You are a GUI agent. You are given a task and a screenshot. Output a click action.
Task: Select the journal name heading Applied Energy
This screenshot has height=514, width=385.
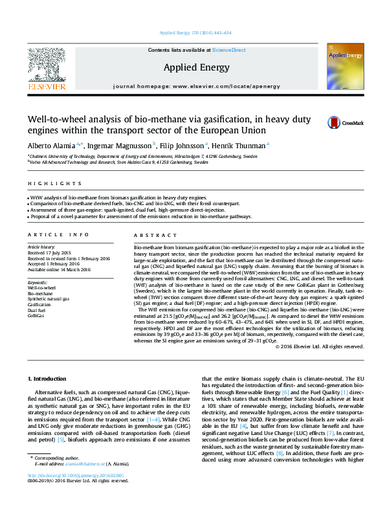pyautogui.click(x=192, y=67)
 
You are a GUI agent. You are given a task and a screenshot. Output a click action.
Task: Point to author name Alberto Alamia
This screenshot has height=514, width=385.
pyautogui.click(x=50, y=145)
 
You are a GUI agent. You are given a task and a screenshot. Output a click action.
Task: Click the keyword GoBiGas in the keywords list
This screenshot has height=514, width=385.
pyautogui.click(x=36, y=316)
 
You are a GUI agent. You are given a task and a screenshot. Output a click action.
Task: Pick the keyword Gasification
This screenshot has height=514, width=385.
pyautogui.click(x=39, y=304)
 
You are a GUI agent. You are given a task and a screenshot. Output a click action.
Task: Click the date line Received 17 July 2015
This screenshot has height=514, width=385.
pyautogui.click(x=49, y=252)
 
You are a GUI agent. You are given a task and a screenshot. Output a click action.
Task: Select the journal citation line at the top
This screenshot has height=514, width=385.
pyautogui.click(x=192, y=33)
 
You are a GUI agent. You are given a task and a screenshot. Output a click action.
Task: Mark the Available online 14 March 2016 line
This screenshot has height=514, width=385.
pyautogui.click(x=59, y=269)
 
